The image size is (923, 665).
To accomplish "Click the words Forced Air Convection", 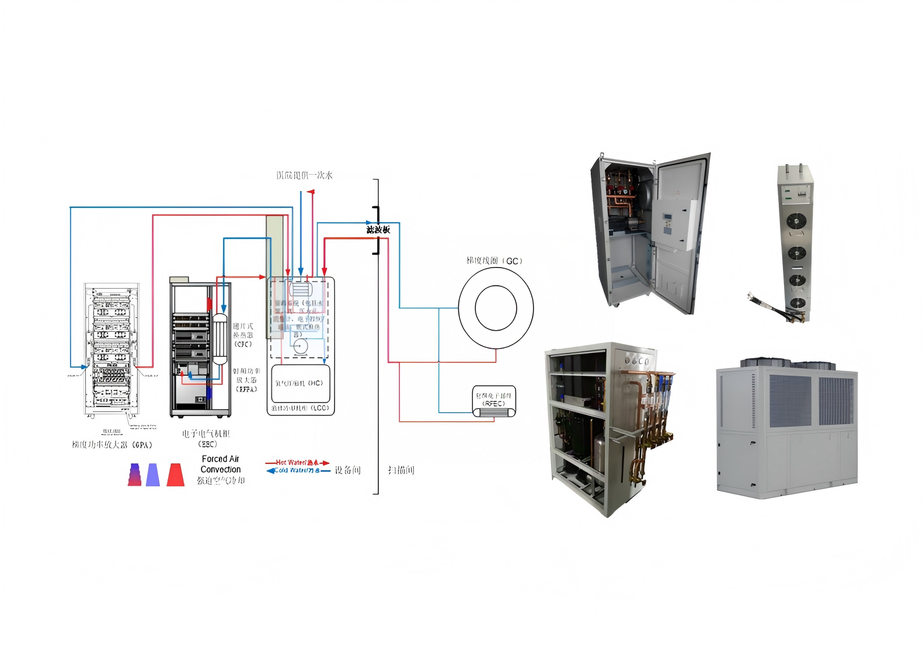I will pos(220,464).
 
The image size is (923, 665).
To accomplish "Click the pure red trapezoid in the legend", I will pos(175,474).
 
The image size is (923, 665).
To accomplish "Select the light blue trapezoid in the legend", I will pos(153,474).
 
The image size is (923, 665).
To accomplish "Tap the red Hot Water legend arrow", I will pos(298,463).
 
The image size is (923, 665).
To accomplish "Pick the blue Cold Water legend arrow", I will pos(298,470).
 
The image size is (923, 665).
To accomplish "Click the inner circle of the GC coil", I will pos(496,307).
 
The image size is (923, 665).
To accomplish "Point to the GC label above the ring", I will pos(512,261).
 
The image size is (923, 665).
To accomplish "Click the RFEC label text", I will pos(493,403).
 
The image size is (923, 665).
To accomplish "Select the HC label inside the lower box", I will pos(315,383).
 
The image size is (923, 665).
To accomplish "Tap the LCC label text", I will pos(319,408).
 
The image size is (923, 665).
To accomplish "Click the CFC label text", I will pos(243,344).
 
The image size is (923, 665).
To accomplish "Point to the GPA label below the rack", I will pos(142,445).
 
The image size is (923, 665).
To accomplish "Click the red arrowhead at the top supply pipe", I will pos(311,192).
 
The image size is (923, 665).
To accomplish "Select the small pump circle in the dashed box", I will pos(300,346).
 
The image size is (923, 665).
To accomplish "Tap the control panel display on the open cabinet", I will pos(668,222).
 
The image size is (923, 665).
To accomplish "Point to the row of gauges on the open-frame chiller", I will pos(636,361).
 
